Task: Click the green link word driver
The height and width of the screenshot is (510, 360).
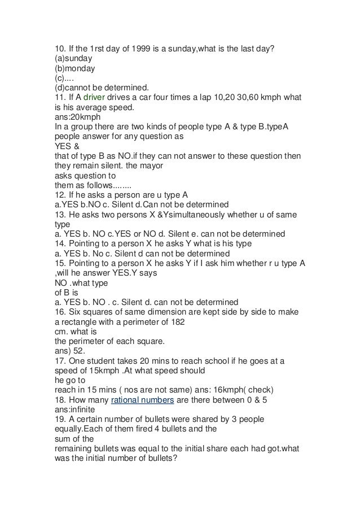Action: pos(87,97)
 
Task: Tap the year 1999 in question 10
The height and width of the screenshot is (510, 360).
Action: pos(135,47)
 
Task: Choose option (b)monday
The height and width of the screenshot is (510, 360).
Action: pos(74,67)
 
